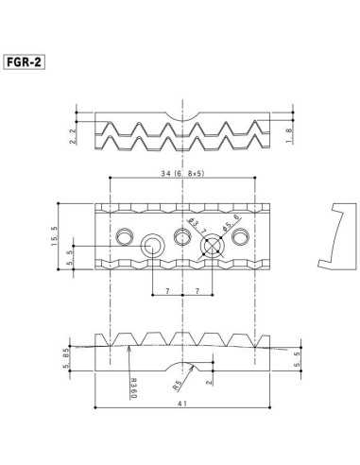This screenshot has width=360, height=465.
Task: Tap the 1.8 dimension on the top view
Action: pyautogui.click(x=300, y=136)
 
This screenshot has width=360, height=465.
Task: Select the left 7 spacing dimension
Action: pyautogui.click(x=166, y=293)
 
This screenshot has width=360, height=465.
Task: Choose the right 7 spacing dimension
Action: pyautogui.click(x=196, y=293)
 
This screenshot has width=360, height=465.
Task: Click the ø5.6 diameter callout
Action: pyautogui.click(x=227, y=227)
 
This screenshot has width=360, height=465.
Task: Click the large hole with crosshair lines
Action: pyautogui.click(x=213, y=246)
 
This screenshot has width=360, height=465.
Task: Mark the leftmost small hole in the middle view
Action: pyautogui.click(x=124, y=234)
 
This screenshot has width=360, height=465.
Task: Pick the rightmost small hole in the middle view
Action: pyautogui.click(x=242, y=234)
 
